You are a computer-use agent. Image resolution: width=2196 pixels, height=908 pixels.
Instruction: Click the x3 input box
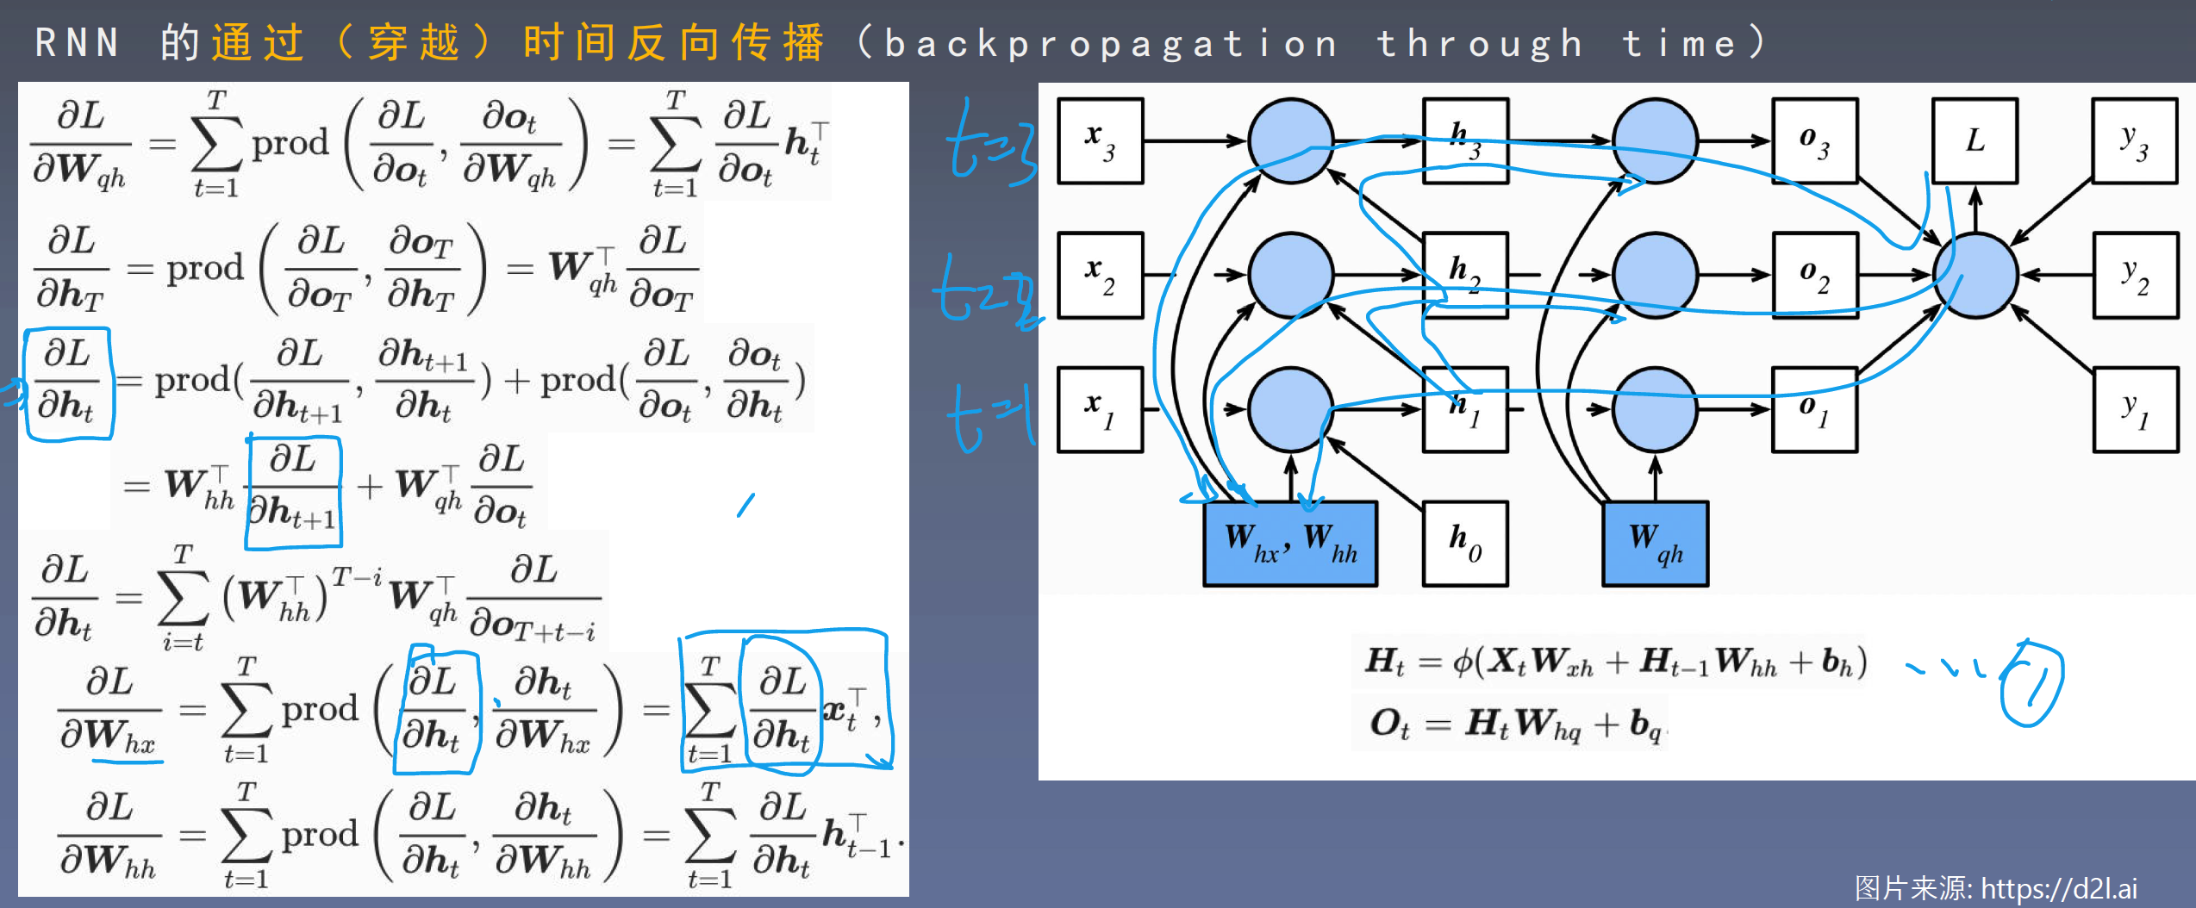coord(1100,140)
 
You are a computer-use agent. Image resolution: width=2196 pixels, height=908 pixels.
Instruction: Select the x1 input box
coord(1100,409)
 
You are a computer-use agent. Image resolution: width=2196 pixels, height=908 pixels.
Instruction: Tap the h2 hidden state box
coord(1465,275)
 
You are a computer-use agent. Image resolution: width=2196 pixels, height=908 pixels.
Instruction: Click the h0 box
coord(1465,544)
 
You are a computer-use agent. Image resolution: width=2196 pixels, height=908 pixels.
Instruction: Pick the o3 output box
coord(1814,140)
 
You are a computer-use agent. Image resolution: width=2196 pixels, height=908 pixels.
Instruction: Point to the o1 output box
coord(1814,409)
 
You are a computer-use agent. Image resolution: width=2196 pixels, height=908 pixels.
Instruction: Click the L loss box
coord(1975,140)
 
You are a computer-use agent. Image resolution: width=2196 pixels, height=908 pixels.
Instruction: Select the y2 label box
coord(2135,275)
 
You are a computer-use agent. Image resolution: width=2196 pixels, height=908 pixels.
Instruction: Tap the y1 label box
coord(2135,409)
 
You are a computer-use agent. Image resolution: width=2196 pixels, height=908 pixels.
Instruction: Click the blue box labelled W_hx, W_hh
coord(1290,544)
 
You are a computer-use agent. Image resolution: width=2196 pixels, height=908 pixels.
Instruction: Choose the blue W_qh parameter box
coord(1655,544)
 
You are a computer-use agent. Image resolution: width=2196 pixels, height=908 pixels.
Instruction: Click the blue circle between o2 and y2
coord(1975,275)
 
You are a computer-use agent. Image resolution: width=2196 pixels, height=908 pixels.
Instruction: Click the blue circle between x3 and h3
coord(1290,140)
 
